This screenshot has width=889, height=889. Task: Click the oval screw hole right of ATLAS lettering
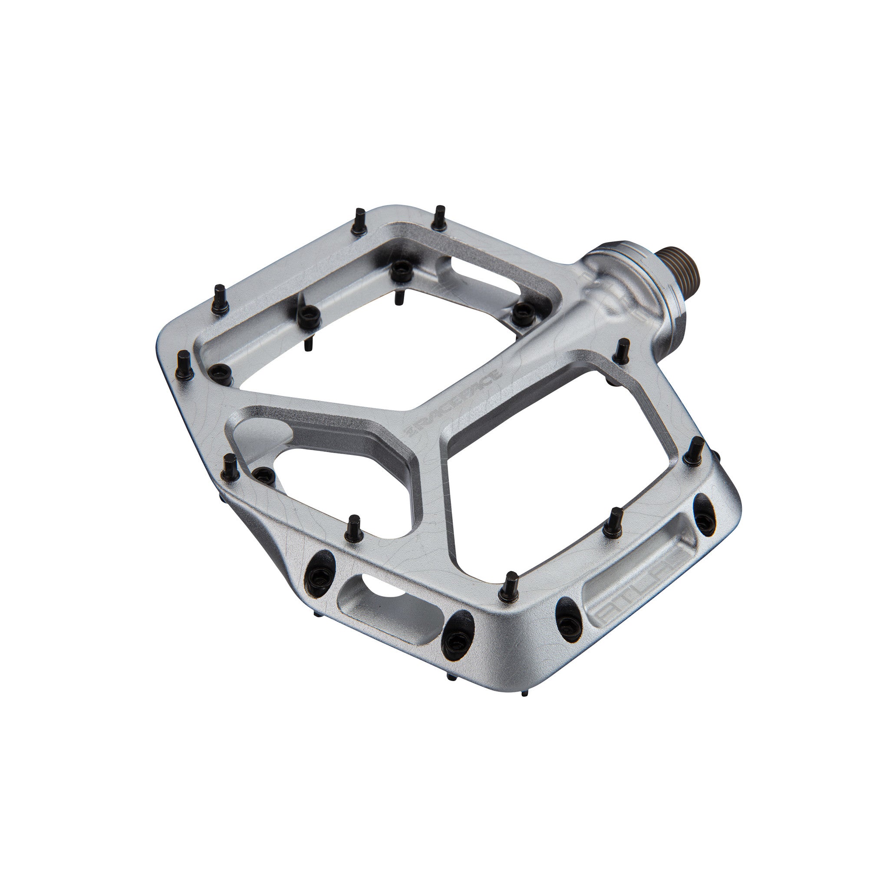tap(704, 514)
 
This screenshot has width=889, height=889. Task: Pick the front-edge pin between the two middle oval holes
tap(508, 587)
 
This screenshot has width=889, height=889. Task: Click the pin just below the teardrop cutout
tap(353, 528)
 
